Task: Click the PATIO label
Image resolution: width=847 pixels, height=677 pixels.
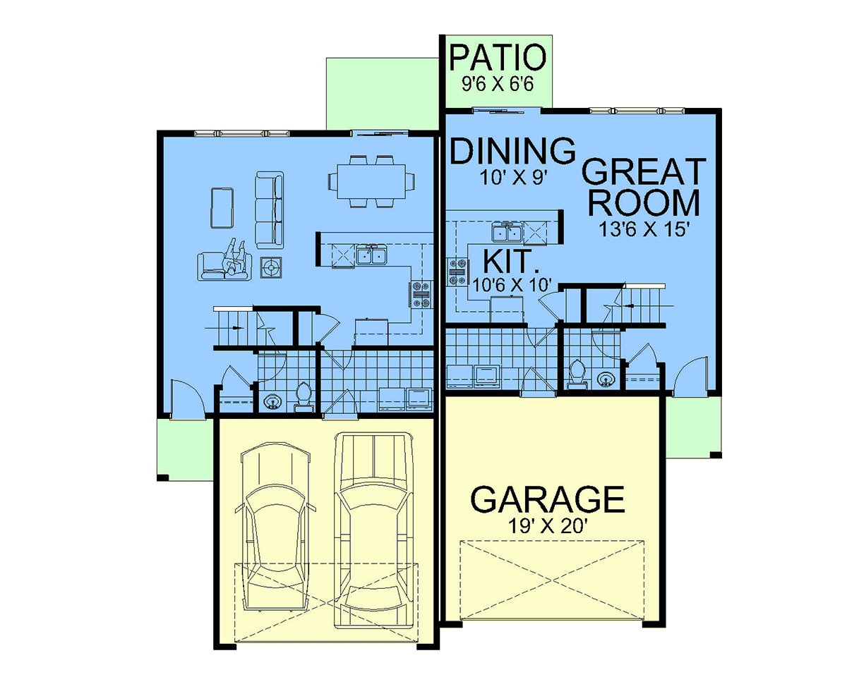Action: (498, 58)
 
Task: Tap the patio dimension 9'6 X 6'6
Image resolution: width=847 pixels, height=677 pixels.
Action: (498, 84)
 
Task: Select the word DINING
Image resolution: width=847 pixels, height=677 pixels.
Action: (512, 151)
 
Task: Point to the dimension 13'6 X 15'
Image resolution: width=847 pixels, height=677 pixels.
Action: (644, 229)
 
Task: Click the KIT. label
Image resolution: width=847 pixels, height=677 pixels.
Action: (510, 261)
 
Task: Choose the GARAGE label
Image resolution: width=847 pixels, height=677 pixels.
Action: (548, 499)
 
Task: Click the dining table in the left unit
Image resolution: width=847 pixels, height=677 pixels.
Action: (371, 181)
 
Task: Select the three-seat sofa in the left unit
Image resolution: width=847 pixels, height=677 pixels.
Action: (270, 210)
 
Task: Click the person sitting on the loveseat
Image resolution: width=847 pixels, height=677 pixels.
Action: (234, 257)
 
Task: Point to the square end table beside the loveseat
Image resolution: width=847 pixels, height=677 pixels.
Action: (271, 267)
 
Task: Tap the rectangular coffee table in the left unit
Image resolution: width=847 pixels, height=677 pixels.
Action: (222, 208)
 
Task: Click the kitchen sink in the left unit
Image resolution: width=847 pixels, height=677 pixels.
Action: (371, 255)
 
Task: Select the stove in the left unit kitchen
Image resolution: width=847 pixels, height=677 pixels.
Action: (421, 294)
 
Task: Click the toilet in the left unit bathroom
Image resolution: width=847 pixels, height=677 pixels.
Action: (303, 396)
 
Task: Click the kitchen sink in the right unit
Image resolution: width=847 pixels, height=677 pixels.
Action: (507, 232)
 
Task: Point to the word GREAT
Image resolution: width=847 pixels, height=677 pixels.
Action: (644, 171)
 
